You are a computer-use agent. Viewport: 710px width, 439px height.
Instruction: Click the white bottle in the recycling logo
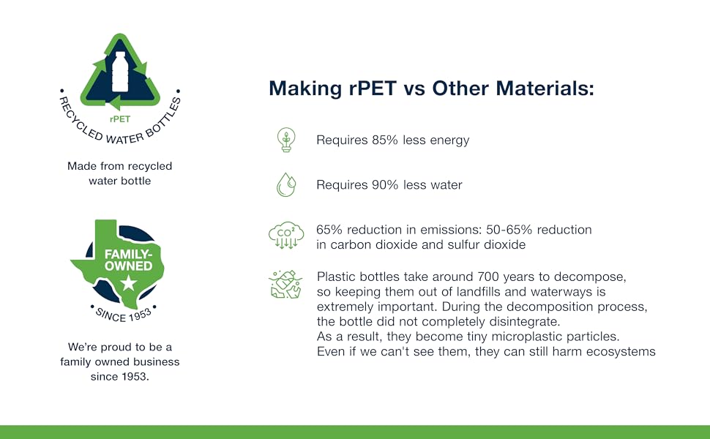tap(119, 71)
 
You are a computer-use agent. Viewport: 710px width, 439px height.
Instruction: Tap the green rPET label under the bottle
tap(119, 119)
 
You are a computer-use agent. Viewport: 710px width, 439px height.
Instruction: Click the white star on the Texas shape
tap(129, 282)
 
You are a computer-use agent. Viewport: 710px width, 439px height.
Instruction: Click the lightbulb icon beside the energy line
tap(285, 140)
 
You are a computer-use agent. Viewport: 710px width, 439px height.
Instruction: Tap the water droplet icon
tap(285, 184)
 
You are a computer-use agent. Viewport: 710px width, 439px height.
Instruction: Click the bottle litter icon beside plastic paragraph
tap(285, 285)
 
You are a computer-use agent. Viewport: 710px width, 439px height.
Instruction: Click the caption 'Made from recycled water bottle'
tap(119, 173)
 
